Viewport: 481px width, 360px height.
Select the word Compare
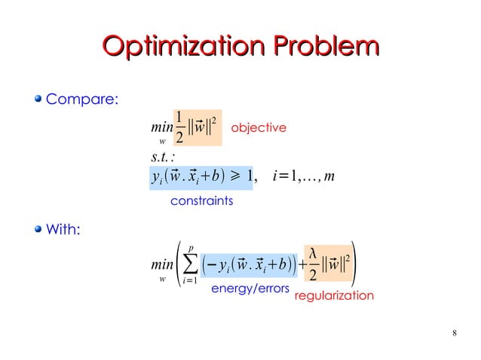pos(82,99)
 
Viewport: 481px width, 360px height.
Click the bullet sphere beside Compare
pos(37,99)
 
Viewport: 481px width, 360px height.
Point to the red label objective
pos(258,128)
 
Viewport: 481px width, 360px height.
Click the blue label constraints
pos(202,201)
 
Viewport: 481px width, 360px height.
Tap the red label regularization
pos(333,296)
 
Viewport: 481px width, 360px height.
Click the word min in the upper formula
pos(161,130)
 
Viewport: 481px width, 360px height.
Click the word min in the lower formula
pos(161,266)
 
